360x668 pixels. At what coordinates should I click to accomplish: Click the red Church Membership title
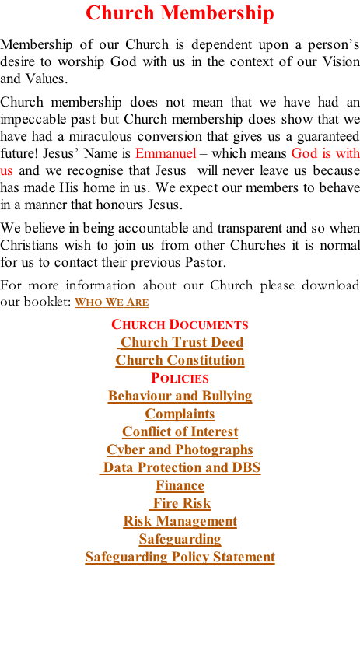click(180, 13)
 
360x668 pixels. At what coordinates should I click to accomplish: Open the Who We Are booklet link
click(112, 302)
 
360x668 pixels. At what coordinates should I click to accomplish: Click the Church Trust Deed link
click(181, 342)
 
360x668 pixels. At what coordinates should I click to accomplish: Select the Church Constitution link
click(180, 360)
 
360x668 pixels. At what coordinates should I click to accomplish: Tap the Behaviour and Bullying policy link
click(180, 396)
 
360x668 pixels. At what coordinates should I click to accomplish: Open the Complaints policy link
click(180, 414)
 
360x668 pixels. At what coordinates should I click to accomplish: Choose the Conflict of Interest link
click(180, 432)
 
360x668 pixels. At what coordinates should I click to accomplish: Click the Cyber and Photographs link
click(180, 450)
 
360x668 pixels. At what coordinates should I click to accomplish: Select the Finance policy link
click(180, 486)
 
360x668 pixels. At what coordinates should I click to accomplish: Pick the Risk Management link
click(180, 522)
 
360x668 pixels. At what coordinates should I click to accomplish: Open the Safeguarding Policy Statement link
click(180, 558)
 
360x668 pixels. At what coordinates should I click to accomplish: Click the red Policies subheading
click(180, 378)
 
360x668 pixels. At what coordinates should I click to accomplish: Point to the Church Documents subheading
click(180, 324)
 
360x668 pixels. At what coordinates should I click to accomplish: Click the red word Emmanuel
click(166, 153)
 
